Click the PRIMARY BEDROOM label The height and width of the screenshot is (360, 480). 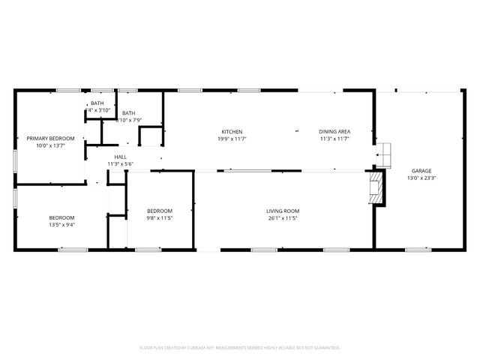point(51,139)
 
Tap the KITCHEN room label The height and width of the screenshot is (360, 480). point(231,132)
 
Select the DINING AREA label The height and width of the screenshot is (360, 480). point(334,132)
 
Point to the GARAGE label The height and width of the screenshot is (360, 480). point(421,171)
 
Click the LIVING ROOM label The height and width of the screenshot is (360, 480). point(283,211)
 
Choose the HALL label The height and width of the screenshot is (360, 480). point(120,157)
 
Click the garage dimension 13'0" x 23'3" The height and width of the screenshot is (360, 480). point(421,178)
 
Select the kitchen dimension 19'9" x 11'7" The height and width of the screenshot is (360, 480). point(231,139)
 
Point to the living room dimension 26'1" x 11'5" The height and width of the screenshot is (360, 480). point(283,218)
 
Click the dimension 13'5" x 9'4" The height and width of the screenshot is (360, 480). point(61,224)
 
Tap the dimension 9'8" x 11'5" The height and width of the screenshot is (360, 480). point(160,218)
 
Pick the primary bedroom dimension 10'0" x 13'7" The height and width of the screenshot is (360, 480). point(51,145)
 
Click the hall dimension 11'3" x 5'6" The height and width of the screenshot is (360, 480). point(120,163)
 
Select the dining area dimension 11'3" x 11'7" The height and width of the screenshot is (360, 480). point(334,139)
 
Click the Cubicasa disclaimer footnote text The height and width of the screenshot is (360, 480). point(240,348)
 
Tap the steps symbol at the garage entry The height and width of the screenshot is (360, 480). point(384,153)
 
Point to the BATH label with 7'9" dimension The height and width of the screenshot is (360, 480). point(129,112)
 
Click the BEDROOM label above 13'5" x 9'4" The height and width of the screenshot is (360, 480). point(61,217)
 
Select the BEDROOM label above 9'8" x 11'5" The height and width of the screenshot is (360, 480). point(160,211)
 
